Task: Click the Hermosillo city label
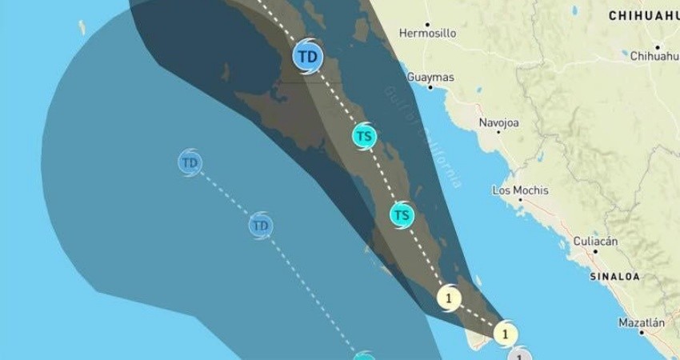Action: [427, 34]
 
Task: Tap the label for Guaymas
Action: [430, 78]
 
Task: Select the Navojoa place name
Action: [498, 122]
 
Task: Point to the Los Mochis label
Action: [520, 190]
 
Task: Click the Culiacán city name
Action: [595, 241]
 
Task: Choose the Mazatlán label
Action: [641, 323]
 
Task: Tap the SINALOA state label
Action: [614, 276]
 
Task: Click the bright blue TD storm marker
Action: [306, 57]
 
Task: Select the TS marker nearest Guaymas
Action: [364, 136]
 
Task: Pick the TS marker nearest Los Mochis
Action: [402, 215]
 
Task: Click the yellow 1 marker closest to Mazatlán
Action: [505, 332]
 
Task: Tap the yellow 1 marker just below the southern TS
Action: [449, 298]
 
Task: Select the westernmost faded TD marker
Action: [190, 163]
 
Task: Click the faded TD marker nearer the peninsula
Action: [260, 226]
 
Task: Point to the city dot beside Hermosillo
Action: [427, 24]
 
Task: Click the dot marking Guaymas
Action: [430, 87]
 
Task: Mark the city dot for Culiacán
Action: [595, 251]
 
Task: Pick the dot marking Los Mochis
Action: [520, 201]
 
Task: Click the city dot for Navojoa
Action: [498, 132]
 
